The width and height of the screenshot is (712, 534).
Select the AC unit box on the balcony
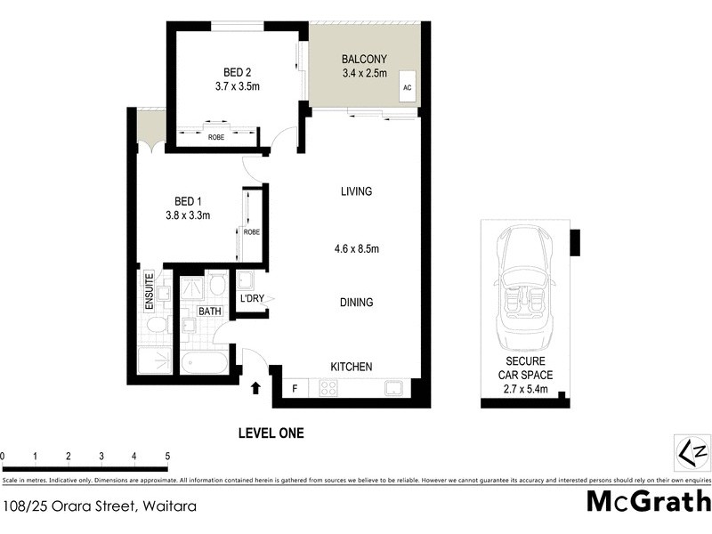click(408, 87)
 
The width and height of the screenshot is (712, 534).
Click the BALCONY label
click(364, 60)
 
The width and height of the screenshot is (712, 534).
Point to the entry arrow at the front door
click(255, 388)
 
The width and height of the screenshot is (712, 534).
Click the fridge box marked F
click(295, 388)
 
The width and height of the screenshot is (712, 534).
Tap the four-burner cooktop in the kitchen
click(327, 388)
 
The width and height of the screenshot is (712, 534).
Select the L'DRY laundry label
click(252, 299)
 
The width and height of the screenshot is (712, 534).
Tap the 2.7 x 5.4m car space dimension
click(530, 389)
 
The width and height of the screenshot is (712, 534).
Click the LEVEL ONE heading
click(271, 433)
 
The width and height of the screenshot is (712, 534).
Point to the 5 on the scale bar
click(167, 457)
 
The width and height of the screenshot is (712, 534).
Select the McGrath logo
click(648, 501)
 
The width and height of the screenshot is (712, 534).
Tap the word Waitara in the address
click(166, 506)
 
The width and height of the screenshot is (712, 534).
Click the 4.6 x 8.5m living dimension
click(356, 249)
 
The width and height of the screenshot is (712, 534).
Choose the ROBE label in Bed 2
click(215, 137)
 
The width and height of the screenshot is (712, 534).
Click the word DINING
click(356, 303)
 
